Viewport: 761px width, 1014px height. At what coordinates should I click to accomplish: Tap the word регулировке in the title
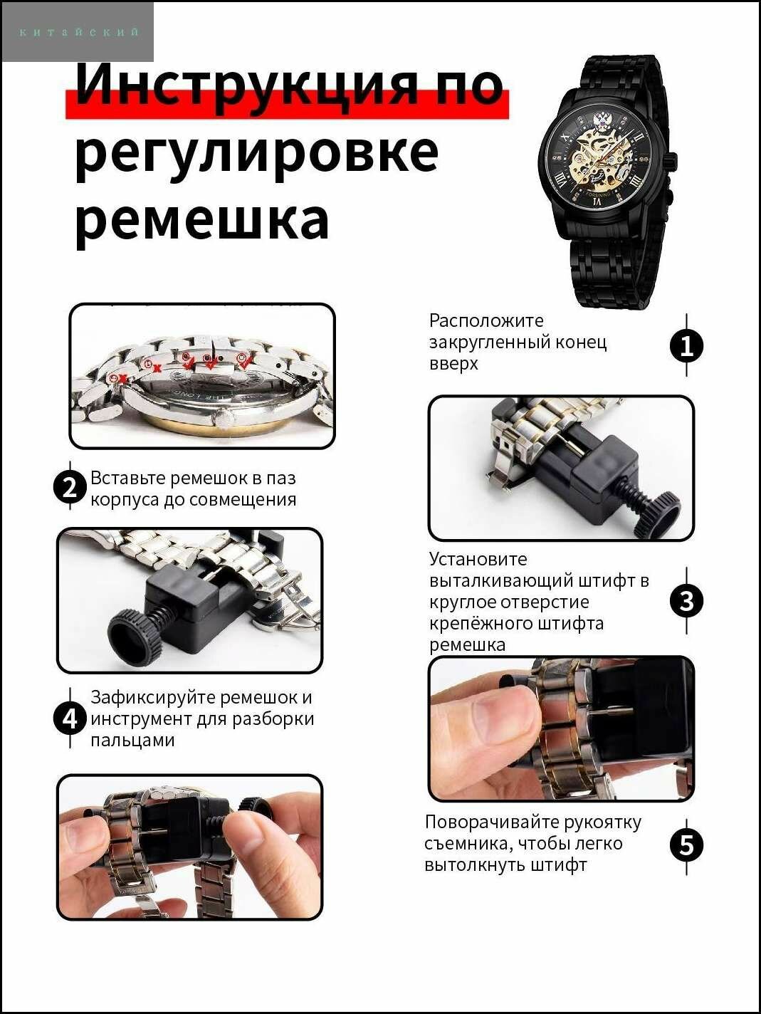[256, 151]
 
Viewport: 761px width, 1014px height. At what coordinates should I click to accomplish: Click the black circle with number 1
[686, 346]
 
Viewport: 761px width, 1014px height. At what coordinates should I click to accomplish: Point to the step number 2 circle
[70, 488]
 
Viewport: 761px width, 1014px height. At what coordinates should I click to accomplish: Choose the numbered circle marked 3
[686, 601]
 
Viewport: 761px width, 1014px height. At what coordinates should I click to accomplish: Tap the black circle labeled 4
[70, 718]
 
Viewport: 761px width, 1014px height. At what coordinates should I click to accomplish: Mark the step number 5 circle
[686, 845]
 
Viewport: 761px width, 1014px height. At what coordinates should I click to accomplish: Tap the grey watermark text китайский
[78, 32]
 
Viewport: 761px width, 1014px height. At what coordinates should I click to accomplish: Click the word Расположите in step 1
[486, 321]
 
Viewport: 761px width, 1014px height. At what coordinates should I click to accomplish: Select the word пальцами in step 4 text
[132, 741]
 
